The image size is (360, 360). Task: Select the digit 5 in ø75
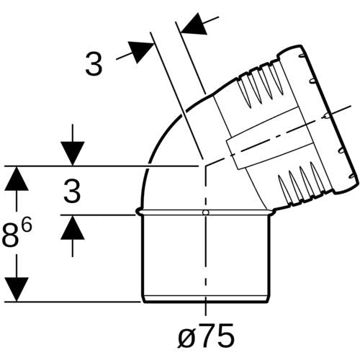click(225, 334)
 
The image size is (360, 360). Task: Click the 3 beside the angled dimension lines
click(94, 63)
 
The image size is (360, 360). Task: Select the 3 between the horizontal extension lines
click(72, 192)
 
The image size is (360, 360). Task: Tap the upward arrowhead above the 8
click(17, 179)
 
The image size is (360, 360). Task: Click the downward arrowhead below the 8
click(17, 289)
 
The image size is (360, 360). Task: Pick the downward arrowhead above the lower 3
click(73, 153)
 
